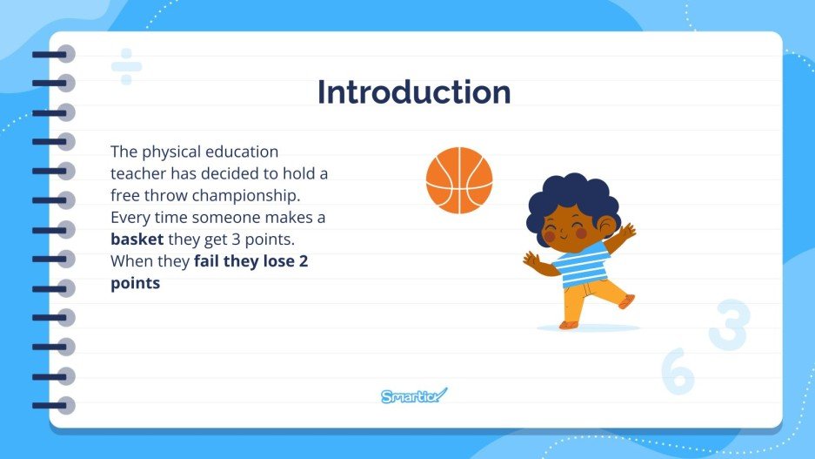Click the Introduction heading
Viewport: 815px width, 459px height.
(x=413, y=92)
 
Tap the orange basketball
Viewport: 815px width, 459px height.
(x=459, y=180)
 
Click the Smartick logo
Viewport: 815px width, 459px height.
(x=414, y=396)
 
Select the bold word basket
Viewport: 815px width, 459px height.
(x=137, y=239)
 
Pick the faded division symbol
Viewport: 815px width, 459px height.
(x=126, y=66)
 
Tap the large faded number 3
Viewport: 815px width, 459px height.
(x=729, y=325)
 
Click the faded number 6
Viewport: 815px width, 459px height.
(x=678, y=372)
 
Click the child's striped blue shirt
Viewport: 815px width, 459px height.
(x=582, y=264)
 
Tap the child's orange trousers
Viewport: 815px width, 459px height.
(x=591, y=296)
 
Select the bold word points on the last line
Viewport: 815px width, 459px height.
(x=136, y=283)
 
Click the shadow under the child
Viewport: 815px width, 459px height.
(x=588, y=328)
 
